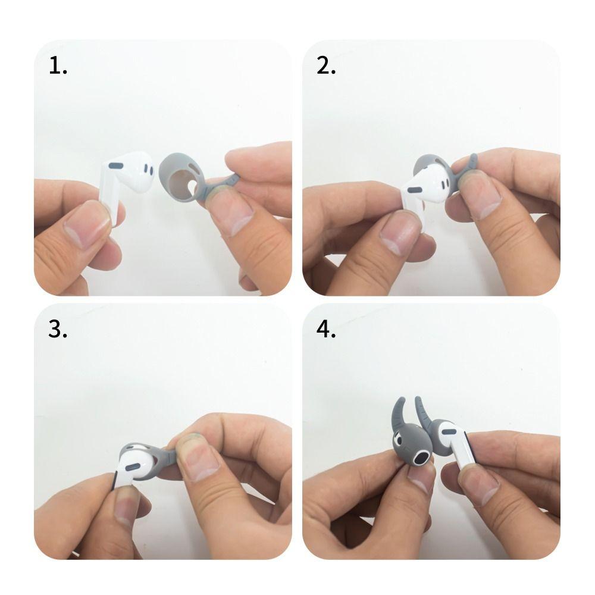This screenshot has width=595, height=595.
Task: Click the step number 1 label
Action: pos(58,65)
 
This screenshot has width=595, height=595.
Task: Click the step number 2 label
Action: pos(326,65)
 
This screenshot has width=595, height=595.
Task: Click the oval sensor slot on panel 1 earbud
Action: pos(116,165)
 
